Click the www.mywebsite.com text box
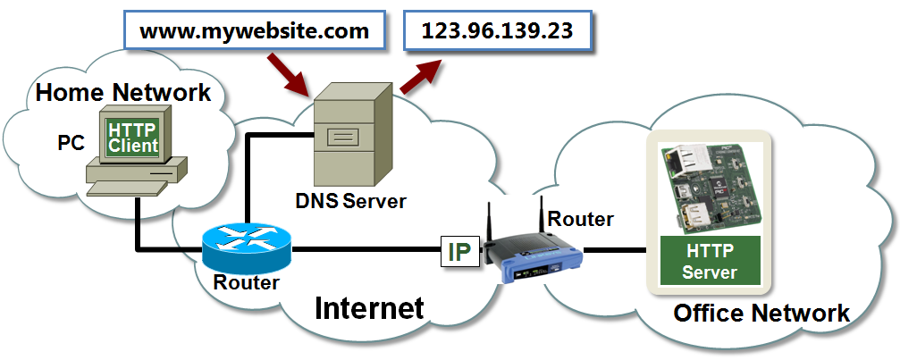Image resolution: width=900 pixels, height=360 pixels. (254, 31)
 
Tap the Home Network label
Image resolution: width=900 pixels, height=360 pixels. (123, 92)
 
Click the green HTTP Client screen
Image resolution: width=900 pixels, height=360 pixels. (132, 138)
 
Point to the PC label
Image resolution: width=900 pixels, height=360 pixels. (71, 143)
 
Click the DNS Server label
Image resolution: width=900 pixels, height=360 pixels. (350, 201)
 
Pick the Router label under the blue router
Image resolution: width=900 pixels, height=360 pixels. (246, 283)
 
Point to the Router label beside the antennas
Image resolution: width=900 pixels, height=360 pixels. (581, 219)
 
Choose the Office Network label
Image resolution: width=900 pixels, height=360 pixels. (761, 314)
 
